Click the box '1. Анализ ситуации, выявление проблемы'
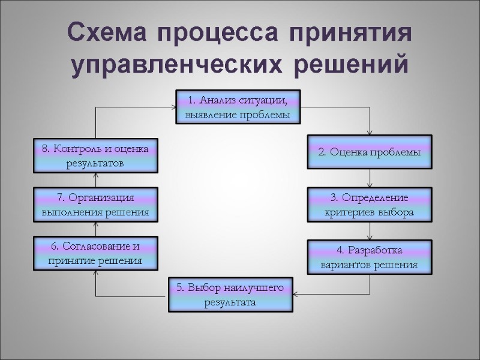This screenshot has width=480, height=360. (238, 107)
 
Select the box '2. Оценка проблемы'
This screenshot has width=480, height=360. (370, 152)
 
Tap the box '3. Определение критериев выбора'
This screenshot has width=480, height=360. (370, 205)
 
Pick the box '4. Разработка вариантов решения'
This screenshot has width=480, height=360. (370, 257)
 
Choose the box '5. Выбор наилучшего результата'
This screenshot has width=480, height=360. (230, 295)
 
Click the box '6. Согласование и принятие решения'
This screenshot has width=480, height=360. (96, 253)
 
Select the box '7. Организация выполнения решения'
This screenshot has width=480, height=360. (96, 205)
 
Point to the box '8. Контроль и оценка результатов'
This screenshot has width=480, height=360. (96, 155)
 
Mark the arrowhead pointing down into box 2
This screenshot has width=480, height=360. (370, 132)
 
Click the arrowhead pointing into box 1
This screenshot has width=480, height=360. (172, 107)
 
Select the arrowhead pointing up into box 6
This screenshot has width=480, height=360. (96, 272)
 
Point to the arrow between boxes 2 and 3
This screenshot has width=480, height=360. (370, 179)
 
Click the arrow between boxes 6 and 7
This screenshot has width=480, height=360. (96, 229)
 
